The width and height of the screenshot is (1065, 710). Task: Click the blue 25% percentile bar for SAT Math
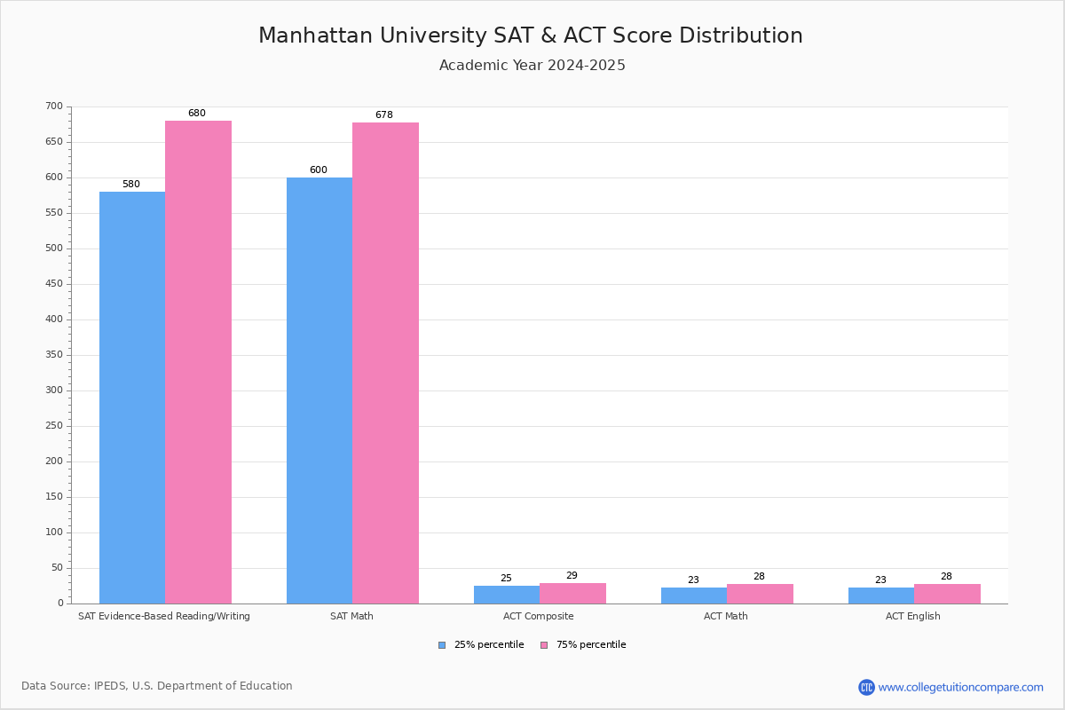point(319,390)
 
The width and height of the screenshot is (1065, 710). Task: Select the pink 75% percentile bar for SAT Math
point(385,363)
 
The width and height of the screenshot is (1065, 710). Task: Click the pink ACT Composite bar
point(572,594)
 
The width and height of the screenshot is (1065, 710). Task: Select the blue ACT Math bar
point(694,596)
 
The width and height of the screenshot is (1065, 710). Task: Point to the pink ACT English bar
point(947,594)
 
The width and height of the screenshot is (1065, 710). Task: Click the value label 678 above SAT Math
point(383,115)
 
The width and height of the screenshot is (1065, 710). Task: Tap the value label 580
point(131,185)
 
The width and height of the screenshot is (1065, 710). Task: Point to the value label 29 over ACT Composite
point(572,576)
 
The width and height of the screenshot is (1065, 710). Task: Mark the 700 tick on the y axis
point(54,106)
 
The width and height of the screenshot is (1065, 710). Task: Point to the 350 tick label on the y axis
point(54,355)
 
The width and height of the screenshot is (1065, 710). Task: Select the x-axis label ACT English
point(912,616)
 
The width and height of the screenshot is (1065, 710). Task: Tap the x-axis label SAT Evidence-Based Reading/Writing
point(164,616)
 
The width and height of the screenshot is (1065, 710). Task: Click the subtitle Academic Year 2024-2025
point(532,66)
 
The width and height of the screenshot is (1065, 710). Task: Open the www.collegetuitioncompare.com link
point(960,687)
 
